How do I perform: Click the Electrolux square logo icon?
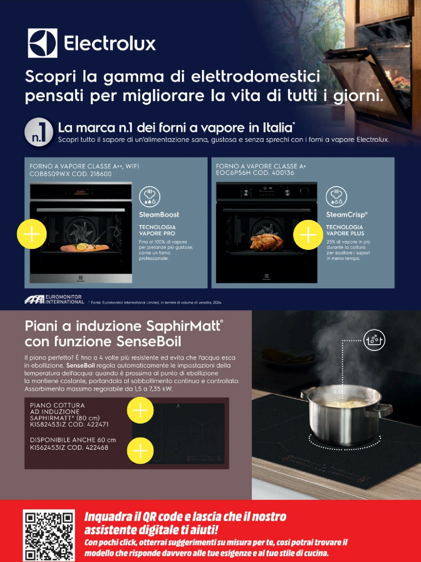coord(43,43)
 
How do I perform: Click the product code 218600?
coord(101,174)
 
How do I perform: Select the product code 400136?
coord(283,173)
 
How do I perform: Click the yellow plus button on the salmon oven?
coord(32,234)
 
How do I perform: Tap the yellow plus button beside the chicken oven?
coord(308,235)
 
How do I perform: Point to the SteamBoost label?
coord(159,215)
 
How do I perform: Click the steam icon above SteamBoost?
coord(149,196)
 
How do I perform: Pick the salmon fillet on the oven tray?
coord(84,247)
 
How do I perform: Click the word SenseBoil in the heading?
coord(149,341)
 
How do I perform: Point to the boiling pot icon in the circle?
coord(374,340)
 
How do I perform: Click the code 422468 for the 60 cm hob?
coord(96,448)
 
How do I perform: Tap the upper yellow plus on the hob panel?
coord(140,410)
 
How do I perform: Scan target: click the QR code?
coord(49,535)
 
